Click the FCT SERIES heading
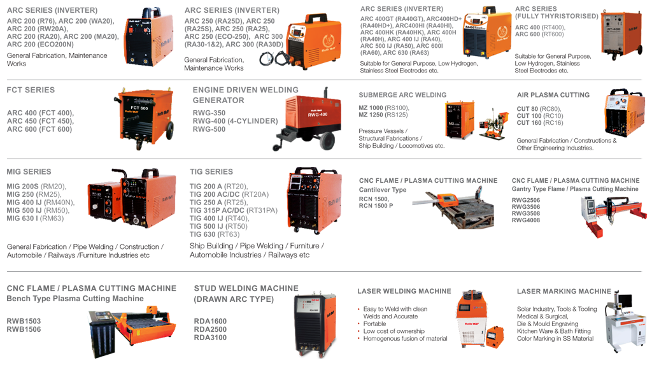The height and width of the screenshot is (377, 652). point(31,90)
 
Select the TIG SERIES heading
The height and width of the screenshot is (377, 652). point(211,172)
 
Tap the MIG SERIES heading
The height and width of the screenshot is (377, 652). point(29,172)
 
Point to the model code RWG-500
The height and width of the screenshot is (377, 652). point(209,129)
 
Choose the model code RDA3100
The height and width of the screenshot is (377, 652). point(210,338)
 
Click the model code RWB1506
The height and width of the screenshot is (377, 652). point(24,329)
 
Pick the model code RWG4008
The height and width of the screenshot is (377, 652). point(526,220)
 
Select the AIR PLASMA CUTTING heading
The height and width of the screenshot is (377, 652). point(553,96)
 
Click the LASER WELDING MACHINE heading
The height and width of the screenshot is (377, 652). point(404,292)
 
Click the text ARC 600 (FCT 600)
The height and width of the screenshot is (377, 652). point(39,129)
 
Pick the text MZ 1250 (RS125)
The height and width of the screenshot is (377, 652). point(383,115)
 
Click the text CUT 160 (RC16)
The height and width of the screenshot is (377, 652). point(540,123)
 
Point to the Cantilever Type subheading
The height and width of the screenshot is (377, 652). point(383,190)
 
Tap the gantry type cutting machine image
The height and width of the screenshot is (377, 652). point(607,213)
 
